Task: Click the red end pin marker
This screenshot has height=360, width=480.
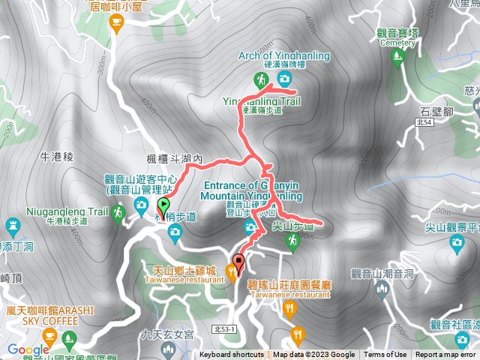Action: [x=239, y=263]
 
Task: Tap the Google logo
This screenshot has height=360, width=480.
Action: [x=28, y=349]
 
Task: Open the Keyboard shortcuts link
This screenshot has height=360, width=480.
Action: [x=231, y=355]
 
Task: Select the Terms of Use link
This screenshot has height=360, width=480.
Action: [x=385, y=355]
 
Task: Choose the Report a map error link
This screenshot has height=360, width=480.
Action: [x=445, y=355]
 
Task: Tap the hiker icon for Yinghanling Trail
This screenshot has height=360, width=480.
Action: [x=260, y=79]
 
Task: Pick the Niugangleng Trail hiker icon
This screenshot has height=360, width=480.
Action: [x=118, y=214]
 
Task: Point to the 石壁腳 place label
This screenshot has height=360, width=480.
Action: [x=436, y=112]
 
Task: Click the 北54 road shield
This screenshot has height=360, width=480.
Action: [x=424, y=122]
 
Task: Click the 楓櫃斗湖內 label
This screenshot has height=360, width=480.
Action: [x=176, y=159]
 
